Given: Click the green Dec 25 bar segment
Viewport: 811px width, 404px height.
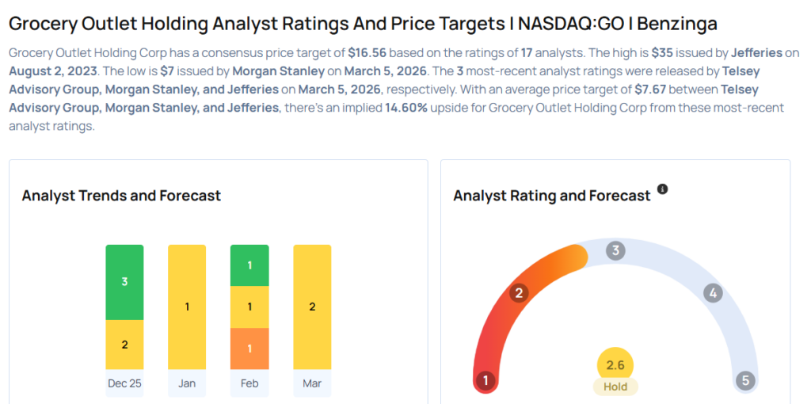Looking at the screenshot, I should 124,282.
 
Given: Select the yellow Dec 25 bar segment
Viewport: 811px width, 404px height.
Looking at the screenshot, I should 124,344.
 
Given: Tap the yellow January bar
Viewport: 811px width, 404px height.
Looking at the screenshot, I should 187,307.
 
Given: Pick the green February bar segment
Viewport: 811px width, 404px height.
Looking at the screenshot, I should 249,265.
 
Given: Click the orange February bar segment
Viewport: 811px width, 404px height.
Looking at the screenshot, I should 249,348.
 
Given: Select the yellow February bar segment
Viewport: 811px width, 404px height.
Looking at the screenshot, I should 249,307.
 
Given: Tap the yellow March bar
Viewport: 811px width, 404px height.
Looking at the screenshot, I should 312,307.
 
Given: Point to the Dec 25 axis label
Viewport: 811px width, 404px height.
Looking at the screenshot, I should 124,383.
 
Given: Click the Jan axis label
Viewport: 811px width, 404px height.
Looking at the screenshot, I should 187,383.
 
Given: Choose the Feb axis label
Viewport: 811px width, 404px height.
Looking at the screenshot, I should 249,383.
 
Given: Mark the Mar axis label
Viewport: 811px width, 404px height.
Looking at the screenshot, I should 312,383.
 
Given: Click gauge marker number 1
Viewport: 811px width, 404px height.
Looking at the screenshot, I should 485,381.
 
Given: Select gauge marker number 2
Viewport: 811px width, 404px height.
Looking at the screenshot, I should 520,293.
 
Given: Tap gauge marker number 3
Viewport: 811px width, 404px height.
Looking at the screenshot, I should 615,251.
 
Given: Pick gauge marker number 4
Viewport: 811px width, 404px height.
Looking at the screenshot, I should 713,293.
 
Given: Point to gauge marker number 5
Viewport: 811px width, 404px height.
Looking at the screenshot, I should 744,381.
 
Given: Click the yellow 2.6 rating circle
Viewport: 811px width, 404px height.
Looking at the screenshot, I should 615,365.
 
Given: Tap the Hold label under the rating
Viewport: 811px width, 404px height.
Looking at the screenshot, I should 615,387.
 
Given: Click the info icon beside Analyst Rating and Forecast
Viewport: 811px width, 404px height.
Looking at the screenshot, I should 663,189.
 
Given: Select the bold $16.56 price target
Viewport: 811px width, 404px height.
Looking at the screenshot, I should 369,54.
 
